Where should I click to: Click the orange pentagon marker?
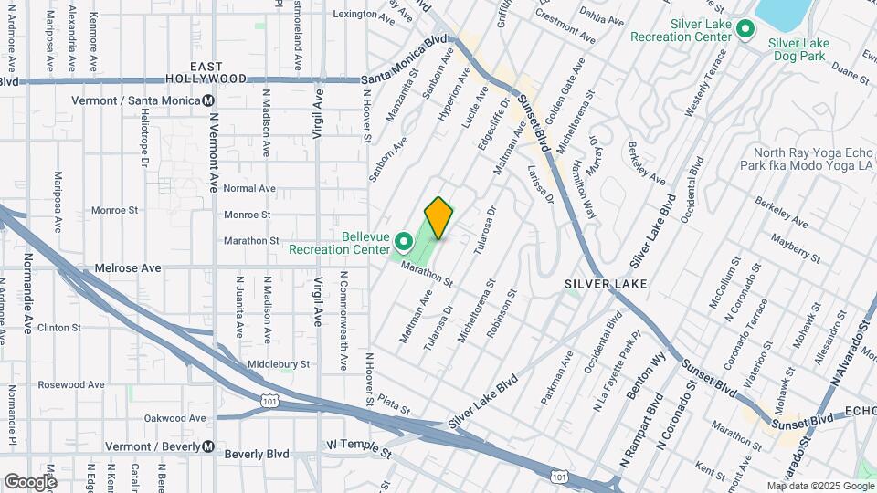[439, 217]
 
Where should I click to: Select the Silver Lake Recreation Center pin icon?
[745, 30]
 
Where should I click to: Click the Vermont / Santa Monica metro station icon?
[209, 100]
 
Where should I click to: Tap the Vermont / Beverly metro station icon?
[209, 447]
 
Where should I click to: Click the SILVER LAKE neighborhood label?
[606, 284]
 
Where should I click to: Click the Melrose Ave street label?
[128, 268]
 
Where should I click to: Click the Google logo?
[29, 482]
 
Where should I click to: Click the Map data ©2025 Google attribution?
[819, 486]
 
